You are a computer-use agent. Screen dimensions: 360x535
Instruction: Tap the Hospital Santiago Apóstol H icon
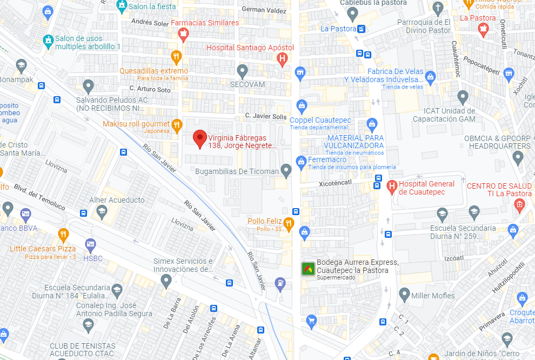[x=282, y=59]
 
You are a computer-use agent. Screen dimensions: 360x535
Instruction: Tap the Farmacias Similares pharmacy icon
[x=183, y=35]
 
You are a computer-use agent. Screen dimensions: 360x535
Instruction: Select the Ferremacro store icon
[x=301, y=161]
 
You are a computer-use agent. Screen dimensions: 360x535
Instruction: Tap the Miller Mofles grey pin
[x=404, y=295]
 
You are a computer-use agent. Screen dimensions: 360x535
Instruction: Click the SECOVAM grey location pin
[x=243, y=71]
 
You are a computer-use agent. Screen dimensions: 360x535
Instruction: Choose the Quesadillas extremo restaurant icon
[x=176, y=57]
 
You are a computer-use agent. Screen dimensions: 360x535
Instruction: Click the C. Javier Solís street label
[x=265, y=116]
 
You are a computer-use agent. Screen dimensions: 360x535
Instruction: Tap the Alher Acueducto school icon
[x=102, y=211]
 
